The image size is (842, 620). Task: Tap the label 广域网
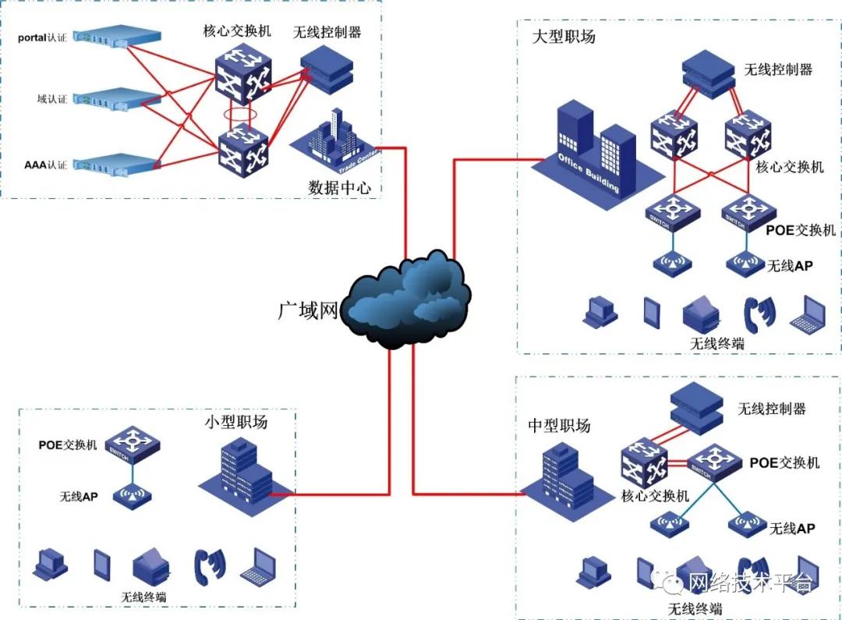click(309, 311)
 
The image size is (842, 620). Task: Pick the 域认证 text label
click(52, 99)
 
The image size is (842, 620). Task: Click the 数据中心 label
click(340, 188)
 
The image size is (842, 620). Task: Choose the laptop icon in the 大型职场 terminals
click(808, 313)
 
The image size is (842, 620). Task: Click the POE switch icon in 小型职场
click(133, 445)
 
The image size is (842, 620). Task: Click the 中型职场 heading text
click(559, 425)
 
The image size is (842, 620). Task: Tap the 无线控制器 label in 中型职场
click(771, 409)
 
